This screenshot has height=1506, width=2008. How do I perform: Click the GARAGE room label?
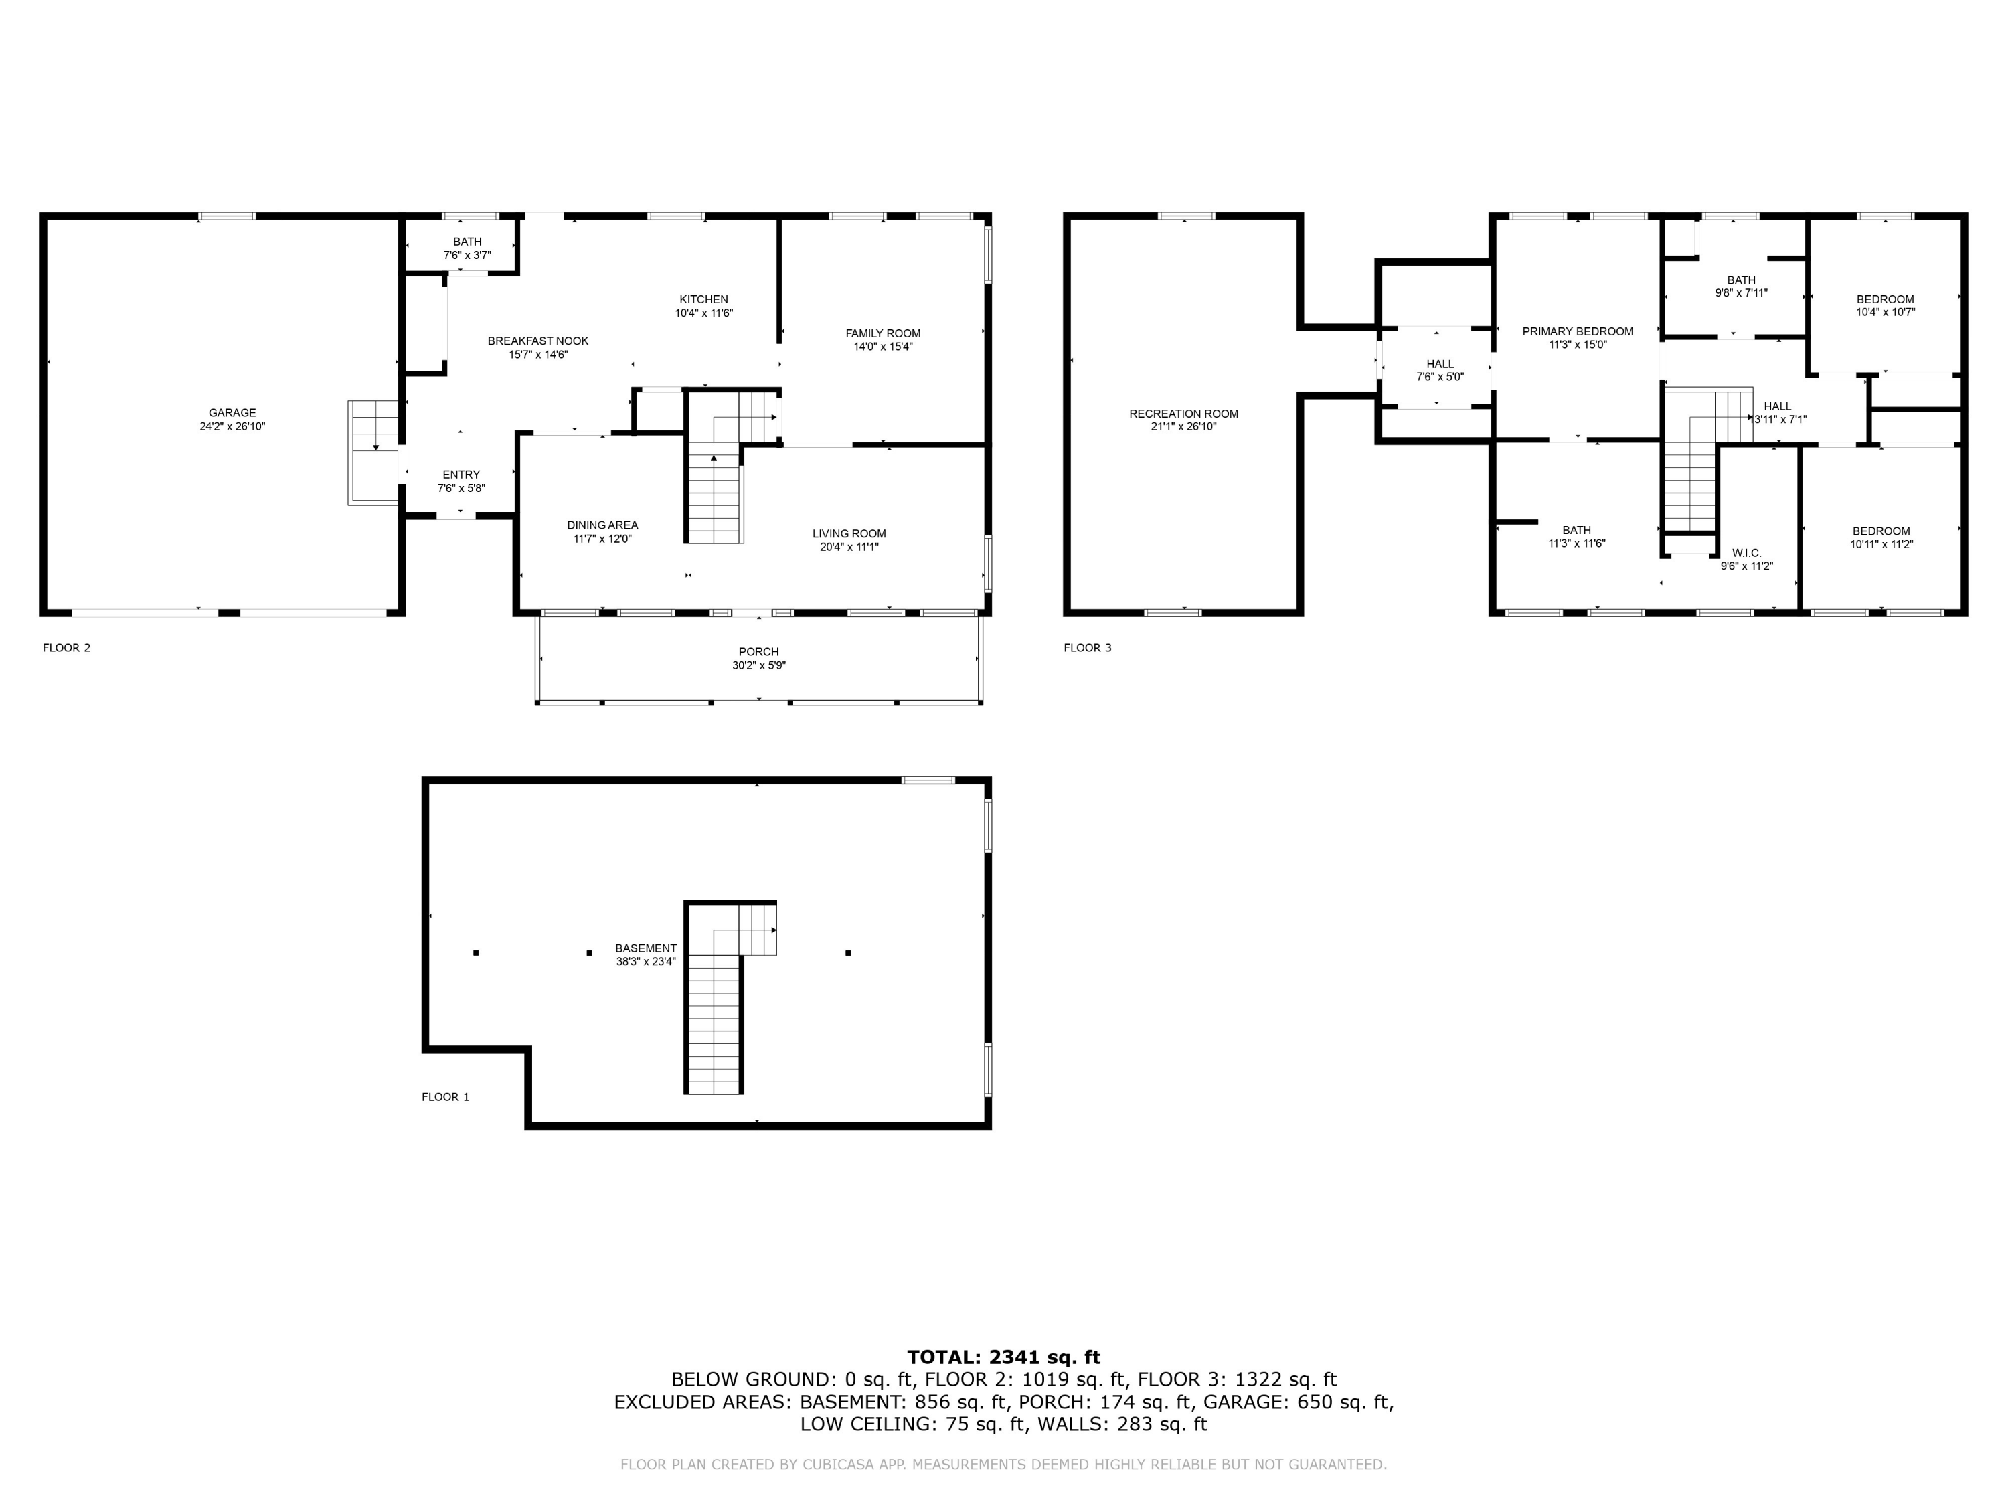click(x=232, y=413)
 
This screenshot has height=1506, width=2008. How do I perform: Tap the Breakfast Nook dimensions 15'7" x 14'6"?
click(x=538, y=355)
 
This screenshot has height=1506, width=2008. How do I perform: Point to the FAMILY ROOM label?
click(x=882, y=333)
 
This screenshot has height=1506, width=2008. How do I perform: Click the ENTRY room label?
click(x=461, y=475)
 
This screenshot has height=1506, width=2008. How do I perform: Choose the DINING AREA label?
click(x=603, y=525)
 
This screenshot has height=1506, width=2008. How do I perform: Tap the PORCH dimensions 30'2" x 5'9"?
click(x=759, y=665)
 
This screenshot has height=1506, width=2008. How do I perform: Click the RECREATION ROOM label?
click(x=1184, y=414)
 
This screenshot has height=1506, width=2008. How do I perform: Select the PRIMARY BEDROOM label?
click(x=1578, y=331)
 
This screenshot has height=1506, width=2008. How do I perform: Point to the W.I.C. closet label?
click(x=1746, y=553)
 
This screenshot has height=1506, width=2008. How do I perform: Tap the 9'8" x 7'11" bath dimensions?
click(x=1741, y=293)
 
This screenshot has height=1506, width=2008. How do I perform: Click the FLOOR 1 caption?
click(x=446, y=1096)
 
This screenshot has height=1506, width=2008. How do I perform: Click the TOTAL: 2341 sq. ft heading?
click(x=1003, y=1357)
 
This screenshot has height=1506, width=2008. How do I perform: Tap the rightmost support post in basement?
click(x=848, y=953)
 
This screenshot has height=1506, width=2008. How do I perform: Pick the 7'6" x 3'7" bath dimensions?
click(x=467, y=255)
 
